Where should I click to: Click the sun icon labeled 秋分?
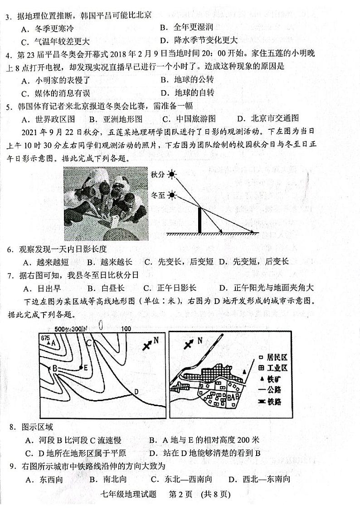coord(171,174)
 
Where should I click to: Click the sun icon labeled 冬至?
coord(171,196)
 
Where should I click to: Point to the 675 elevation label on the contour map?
coord(45,338)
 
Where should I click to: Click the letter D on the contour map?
coord(136,391)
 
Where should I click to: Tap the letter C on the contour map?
coord(90,343)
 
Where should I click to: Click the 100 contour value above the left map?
coord(126,329)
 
